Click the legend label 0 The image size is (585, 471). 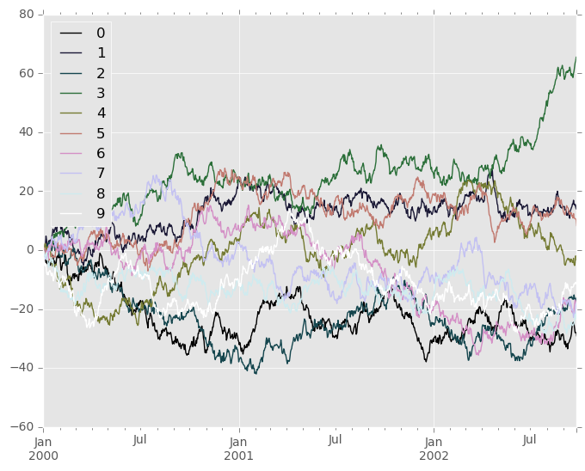[x=101, y=33]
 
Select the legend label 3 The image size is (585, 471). [x=101, y=92]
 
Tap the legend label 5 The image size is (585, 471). [x=101, y=132]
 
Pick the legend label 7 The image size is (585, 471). [x=101, y=173]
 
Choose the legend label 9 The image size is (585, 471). [x=101, y=213]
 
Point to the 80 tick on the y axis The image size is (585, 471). [x=26, y=15]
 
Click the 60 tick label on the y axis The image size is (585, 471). [x=26, y=73]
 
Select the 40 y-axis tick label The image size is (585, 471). [x=26, y=132]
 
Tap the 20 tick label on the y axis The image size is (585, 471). [x=26, y=191]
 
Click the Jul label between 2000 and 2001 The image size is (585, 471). [x=141, y=440]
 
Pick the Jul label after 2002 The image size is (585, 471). [x=530, y=440]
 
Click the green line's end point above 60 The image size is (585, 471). [x=576, y=58]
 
